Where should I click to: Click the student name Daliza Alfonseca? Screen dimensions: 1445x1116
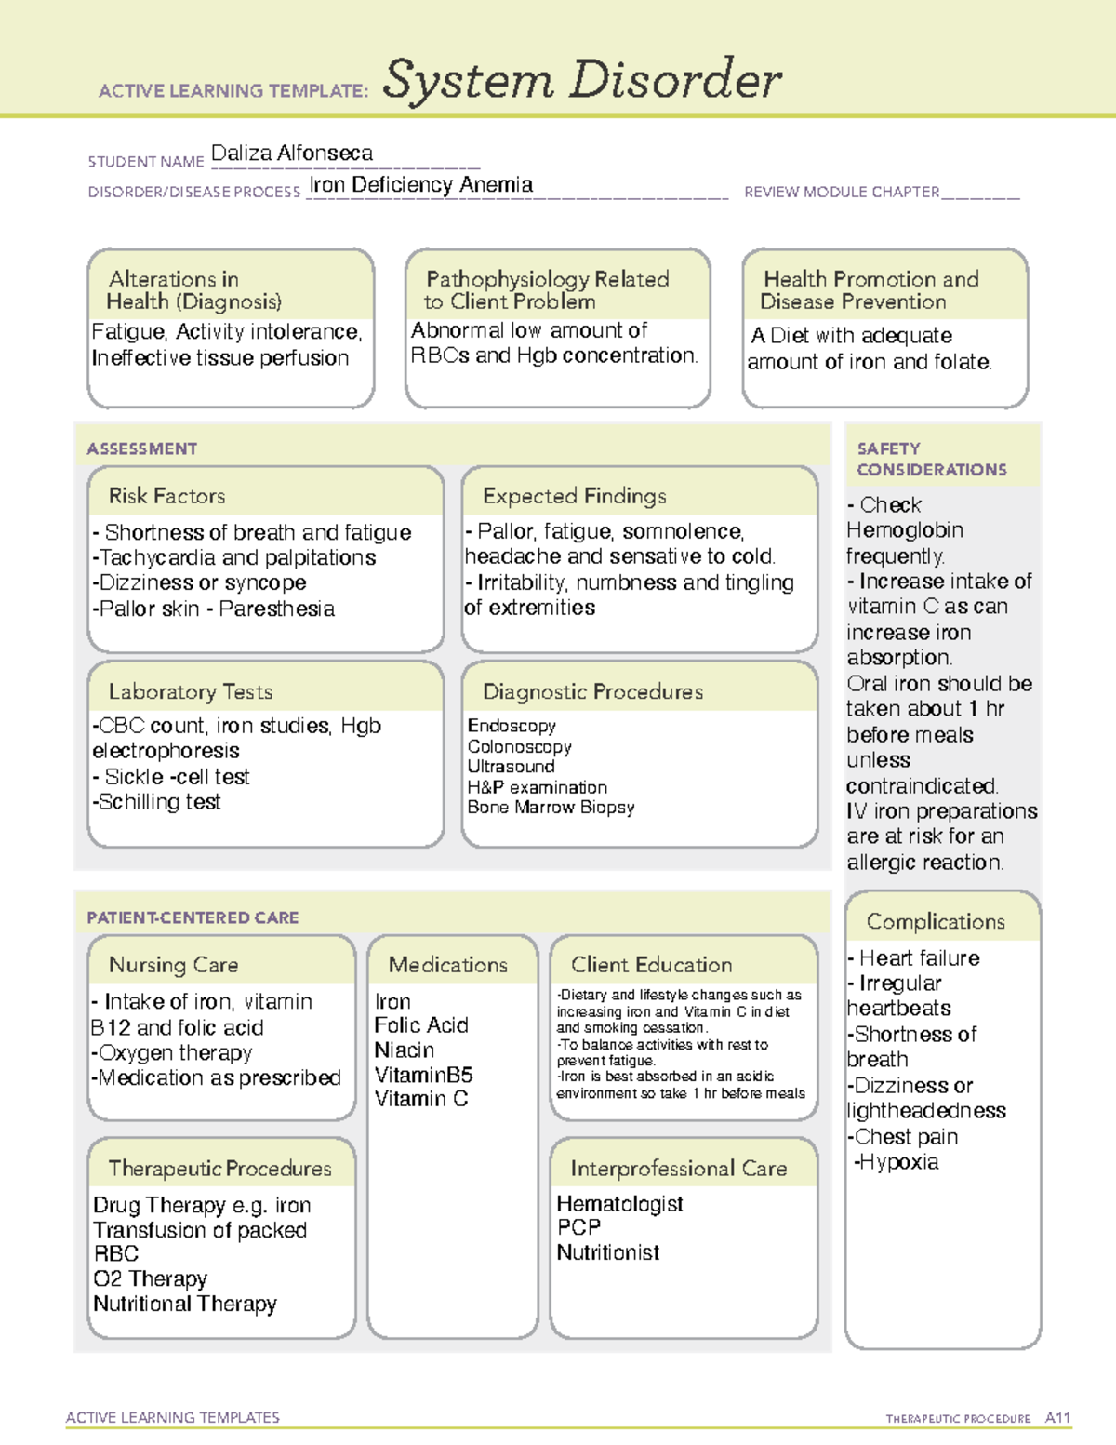pos(292,154)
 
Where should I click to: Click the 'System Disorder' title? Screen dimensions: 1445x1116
pos(581,80)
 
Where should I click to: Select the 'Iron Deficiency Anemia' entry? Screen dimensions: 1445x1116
pos(421,185)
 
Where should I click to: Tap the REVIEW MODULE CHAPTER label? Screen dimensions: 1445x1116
pos(842,193)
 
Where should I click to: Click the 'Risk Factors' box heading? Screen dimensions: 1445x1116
pos(167,496)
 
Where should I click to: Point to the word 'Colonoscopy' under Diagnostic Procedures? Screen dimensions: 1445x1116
pos(519,747)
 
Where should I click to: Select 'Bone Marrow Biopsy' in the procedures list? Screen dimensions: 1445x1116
pos(551,808)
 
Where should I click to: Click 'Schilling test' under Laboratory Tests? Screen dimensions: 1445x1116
pos(159,802)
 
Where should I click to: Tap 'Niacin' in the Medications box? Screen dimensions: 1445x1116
pos(404,1050)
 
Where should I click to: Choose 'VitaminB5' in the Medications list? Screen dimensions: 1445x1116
pos(423,1075)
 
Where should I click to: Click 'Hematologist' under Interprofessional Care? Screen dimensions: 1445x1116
pos(619,1204)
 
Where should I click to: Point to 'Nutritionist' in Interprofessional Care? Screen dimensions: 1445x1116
pos(608,1253)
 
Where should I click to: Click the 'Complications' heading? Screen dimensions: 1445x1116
pos(936,922)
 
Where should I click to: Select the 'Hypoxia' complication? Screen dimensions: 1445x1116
pos(897,1162)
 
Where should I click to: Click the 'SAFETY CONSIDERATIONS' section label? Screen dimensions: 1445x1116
pos(931,460)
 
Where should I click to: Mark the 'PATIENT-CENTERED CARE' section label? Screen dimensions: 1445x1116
pos(193,918)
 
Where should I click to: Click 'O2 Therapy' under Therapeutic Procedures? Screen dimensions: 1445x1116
pos(150,1279)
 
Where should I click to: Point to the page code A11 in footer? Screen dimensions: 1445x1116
pos(1057,1418)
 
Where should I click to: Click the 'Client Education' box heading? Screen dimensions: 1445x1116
pos(651,966)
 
